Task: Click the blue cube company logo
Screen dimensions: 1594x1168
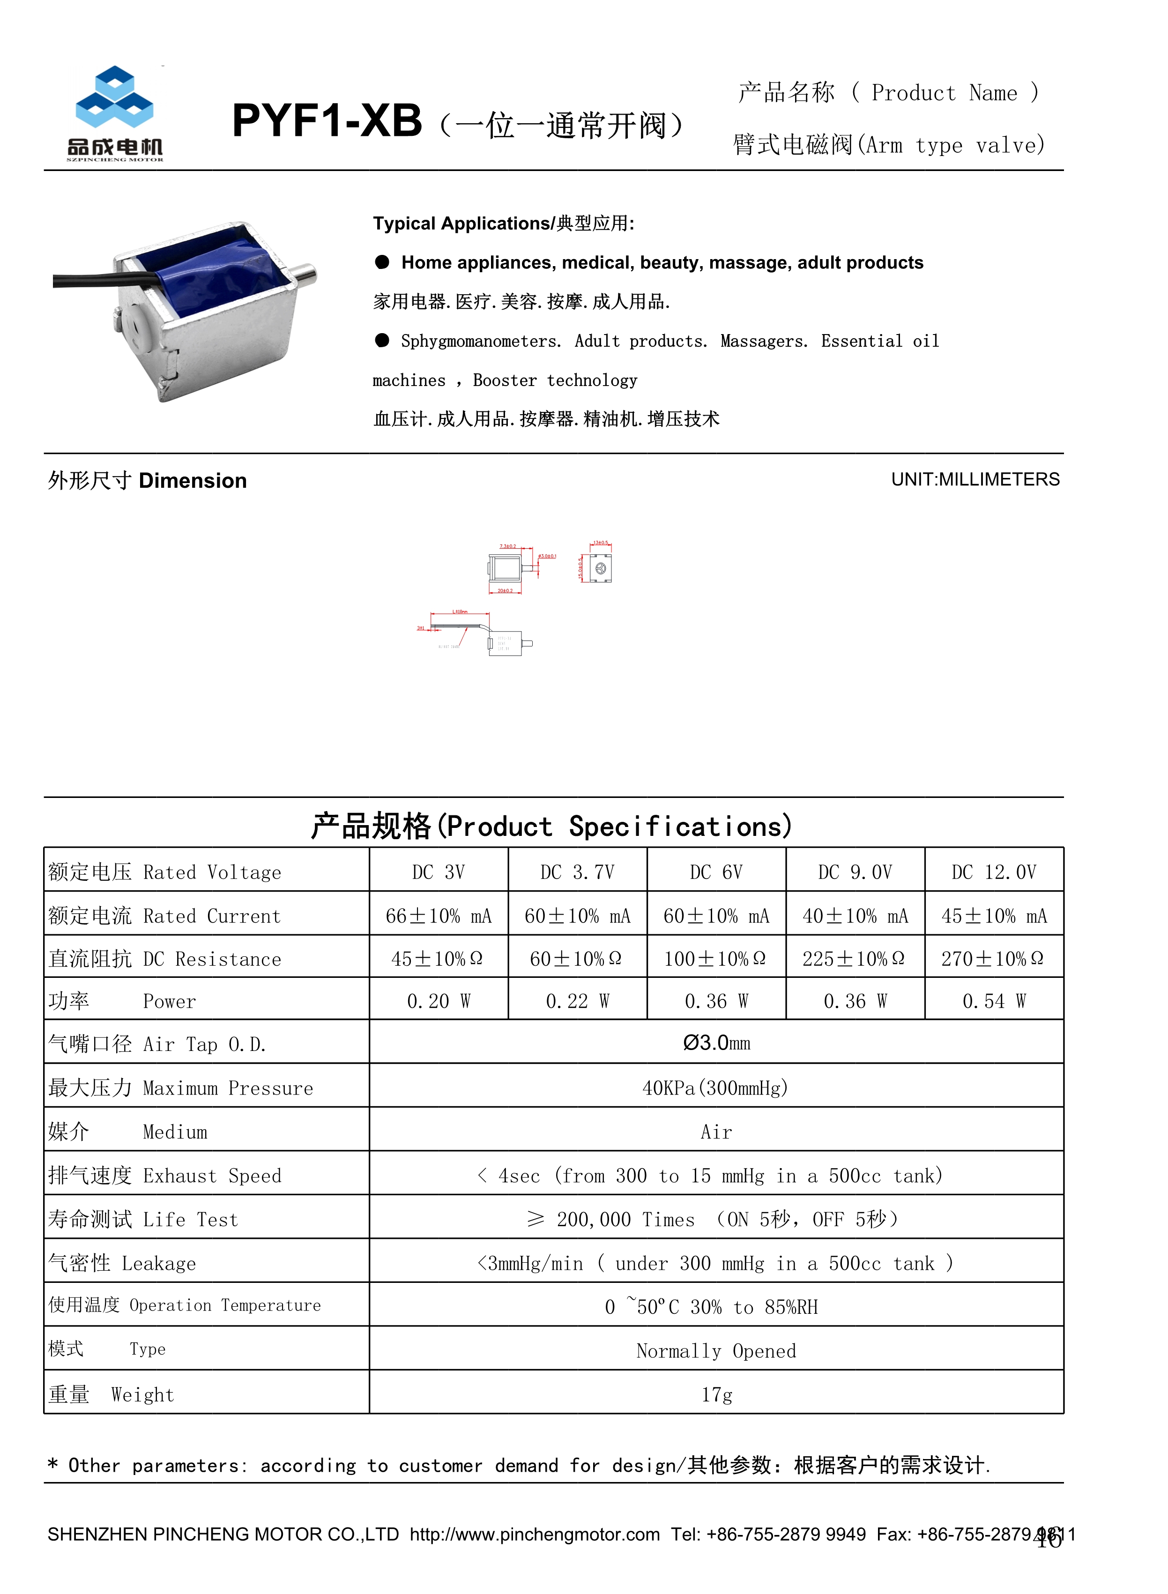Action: (114, 97)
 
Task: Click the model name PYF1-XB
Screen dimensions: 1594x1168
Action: (327, 121)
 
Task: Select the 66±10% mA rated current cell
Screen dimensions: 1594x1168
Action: (439, 916)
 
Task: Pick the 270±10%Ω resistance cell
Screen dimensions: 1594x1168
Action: (993, 959)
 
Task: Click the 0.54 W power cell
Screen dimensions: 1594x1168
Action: (993, 1001)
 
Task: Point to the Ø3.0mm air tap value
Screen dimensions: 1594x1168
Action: (716, 1043)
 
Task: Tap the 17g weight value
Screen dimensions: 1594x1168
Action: (716, 1395)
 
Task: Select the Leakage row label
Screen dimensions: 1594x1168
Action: (122, 1263)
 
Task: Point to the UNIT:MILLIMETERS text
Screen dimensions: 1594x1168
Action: (975, 479)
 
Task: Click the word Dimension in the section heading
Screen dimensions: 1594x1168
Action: (192, 481)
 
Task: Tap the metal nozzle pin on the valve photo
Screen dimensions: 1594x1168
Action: (306, 273)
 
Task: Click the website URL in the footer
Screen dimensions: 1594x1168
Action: (535, 1534)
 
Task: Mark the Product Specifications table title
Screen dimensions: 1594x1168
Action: (551, 826)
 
